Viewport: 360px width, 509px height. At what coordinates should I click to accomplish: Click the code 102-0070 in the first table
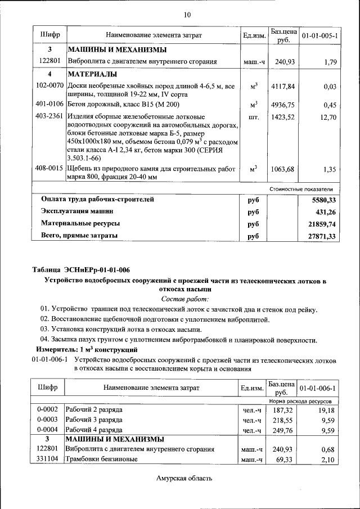coord(49,86)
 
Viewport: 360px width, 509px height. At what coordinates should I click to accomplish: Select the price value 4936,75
coord(282,105)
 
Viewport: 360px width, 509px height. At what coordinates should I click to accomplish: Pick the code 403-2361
coord(49,118)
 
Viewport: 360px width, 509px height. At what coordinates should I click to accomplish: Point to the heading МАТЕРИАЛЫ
coord(92,75)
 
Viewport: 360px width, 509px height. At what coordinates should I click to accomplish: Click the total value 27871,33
coord(322,237)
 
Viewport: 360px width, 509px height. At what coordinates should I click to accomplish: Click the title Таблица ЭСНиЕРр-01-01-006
coord(81,270)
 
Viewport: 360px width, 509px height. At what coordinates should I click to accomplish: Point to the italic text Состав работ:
coord(185,299)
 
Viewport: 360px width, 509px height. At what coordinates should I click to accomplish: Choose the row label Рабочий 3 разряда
coord(94,420)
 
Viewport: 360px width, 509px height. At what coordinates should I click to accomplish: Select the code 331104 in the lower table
coord(48,460)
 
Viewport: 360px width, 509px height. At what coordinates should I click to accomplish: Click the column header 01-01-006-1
coord(318,389)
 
